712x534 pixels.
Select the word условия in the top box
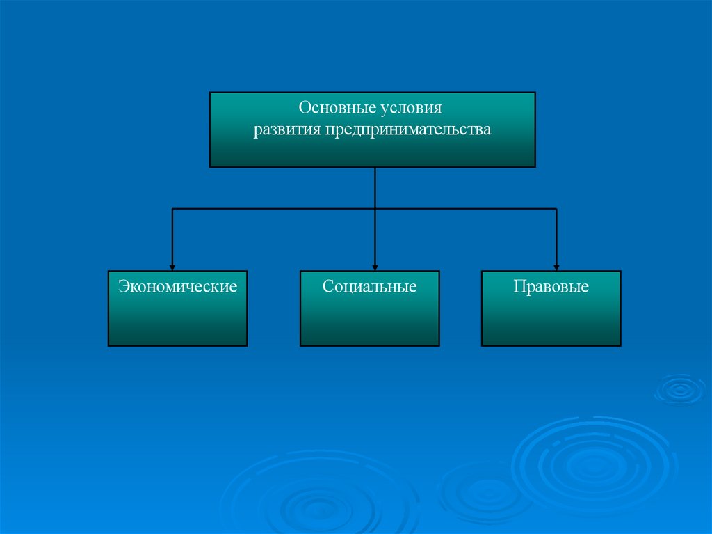[411, 109]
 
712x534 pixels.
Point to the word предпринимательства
[406, 130]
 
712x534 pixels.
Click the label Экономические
[177, 286]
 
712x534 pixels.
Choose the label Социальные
[369, 286]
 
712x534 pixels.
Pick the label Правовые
[551, 286]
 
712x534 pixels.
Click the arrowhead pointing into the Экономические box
[172, 266]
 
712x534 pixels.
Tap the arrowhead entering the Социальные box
[375, 266]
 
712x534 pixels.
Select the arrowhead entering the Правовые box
[556, 266]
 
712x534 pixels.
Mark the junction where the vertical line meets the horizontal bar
[375, 209]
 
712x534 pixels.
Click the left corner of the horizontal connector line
[172, 209]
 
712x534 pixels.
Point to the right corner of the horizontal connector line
[556, 209]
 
